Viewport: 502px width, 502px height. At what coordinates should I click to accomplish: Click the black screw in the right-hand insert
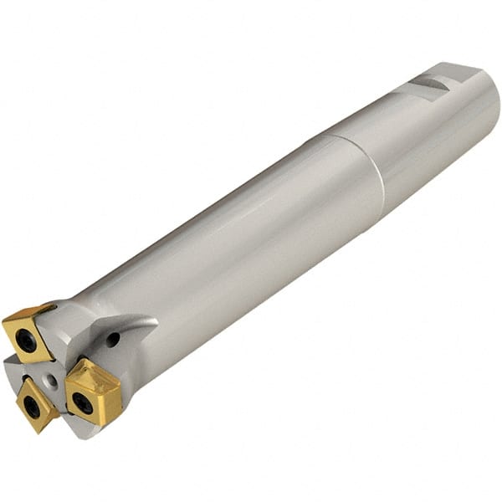coord(82,402)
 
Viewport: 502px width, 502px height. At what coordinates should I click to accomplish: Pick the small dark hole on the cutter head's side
coord(112,339)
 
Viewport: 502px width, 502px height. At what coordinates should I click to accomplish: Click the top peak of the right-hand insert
coord(85,360)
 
